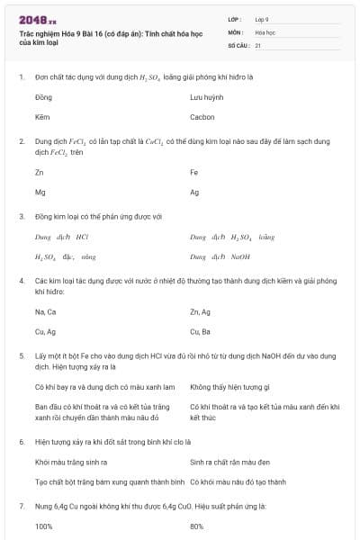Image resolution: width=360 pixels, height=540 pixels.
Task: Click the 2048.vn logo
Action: coord(38,20)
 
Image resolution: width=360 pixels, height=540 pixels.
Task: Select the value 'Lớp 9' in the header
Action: coord(262,19)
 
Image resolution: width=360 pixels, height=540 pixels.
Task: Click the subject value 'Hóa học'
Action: coord(265,31)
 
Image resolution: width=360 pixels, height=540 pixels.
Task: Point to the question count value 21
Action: coord(258,44)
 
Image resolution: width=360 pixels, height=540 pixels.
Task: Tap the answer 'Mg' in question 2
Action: coord(40,192)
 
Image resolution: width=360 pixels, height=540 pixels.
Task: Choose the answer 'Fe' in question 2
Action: coord(194,171)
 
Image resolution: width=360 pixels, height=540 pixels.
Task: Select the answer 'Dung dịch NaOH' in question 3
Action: coord(220,256)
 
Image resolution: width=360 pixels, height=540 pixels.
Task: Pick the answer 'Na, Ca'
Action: coord(45,311)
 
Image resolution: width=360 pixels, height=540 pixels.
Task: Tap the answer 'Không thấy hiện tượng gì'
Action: coord(230,387)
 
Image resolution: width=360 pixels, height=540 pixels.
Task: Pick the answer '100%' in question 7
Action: coord(44,526)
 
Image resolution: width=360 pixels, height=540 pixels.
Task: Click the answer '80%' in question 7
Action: coord(197,526)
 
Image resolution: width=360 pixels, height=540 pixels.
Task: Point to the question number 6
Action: coord(22,442)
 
